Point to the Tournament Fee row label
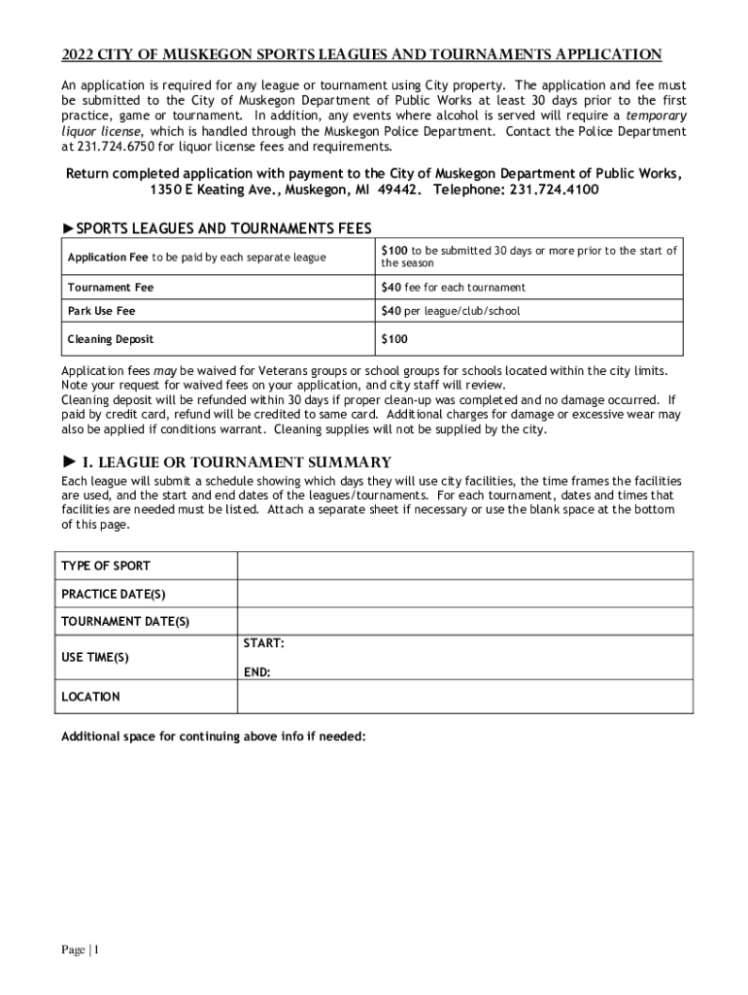tap(110, 288)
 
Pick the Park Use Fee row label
tap(101, 311)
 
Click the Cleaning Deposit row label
tap(110, 339)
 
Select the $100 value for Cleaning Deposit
tap(394, 339)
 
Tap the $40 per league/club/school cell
tap(450, 311)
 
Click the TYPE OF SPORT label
tap(106, 566)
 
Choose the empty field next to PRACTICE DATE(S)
tap(464, 594)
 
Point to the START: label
tap(263, 643)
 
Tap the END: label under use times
tap(257, 672)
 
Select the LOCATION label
tap(90, 697)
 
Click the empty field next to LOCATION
tap(464, 697)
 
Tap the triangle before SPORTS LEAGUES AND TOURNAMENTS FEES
tap(68, 228)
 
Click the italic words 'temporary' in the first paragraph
tap(656, 116)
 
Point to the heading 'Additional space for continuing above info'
tap(213, 737)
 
